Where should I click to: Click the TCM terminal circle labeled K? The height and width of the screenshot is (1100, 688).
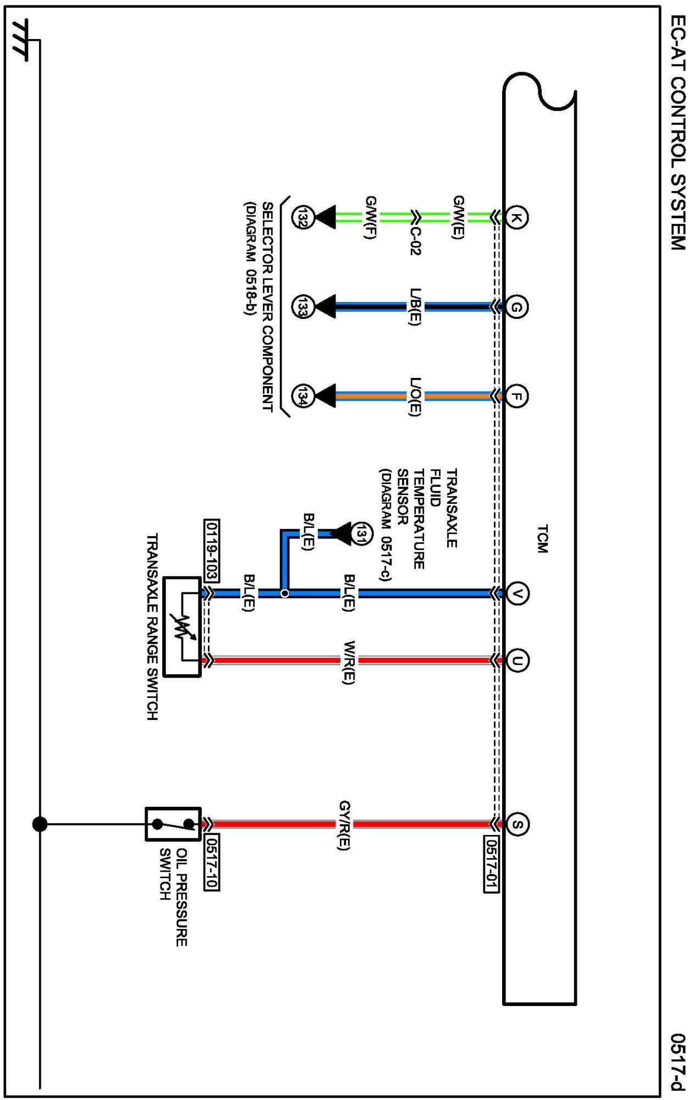pos(516,217)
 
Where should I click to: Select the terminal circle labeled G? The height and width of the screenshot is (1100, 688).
pos(516,306)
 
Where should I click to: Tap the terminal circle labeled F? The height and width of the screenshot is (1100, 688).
pos(516,396)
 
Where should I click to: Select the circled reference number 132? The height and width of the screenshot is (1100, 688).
pos(302,217)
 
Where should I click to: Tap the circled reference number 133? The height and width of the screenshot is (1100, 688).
pos(302,306)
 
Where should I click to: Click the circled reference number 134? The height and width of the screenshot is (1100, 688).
pos(302,396)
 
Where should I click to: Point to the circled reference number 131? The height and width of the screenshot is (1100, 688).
pos(361,533)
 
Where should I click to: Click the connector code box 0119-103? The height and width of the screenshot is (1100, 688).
pos(212,550)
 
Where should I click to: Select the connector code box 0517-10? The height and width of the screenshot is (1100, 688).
pos(212,862)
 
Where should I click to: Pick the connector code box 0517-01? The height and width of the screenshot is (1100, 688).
pos(492,864)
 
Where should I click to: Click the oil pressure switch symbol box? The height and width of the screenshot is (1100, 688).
pos(173,824)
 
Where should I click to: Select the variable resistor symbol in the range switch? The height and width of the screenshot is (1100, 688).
pos(182,626)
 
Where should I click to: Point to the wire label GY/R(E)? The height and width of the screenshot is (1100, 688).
pos(344,825)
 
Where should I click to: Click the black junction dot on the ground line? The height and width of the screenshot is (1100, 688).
pos(40,824)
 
